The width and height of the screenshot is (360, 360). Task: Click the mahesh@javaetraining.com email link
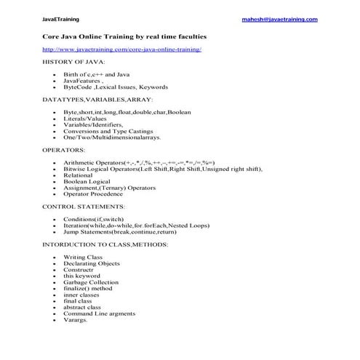point(279,20)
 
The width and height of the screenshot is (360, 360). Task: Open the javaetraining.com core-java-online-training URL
point(121,49)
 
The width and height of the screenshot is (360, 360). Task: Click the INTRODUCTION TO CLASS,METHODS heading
point(105,244)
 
